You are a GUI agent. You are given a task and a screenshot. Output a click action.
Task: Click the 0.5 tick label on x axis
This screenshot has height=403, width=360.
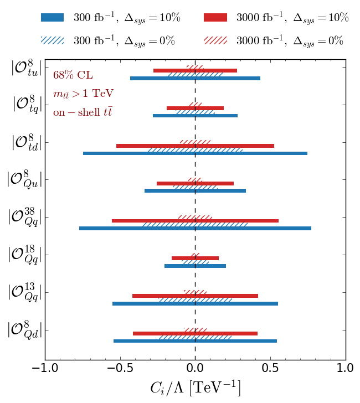[270, 368]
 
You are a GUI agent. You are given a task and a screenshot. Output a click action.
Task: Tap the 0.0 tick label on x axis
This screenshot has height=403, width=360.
[195, 368]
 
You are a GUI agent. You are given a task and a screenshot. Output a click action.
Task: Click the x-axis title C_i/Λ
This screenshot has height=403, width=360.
[195, 387]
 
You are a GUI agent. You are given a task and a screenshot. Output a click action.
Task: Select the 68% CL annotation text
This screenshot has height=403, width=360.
[73, 75]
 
